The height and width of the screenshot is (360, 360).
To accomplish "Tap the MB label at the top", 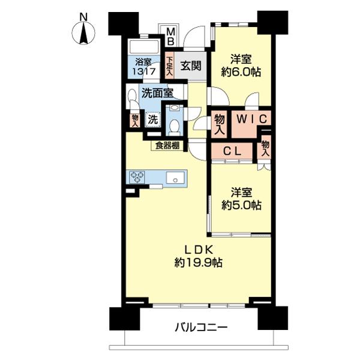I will (x=170, y=36).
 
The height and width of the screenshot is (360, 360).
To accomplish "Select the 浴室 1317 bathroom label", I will (x=144, y=66).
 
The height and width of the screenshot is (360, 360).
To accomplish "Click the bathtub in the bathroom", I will (x=143, y=47).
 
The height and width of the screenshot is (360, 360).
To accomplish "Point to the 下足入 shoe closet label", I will (x=170, y=66).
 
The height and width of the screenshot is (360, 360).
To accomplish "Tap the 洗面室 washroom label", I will (x=157, y=92).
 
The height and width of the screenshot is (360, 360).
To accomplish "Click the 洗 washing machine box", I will (x=152, y=119).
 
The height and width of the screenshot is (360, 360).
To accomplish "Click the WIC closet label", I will (x=250, y=118).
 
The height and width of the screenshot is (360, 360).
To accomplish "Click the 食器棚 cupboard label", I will (x=167, y=145).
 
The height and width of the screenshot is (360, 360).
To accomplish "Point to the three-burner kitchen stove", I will (x=137, y=176).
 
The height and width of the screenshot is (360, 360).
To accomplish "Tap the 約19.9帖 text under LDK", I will (x=199, y=262).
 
